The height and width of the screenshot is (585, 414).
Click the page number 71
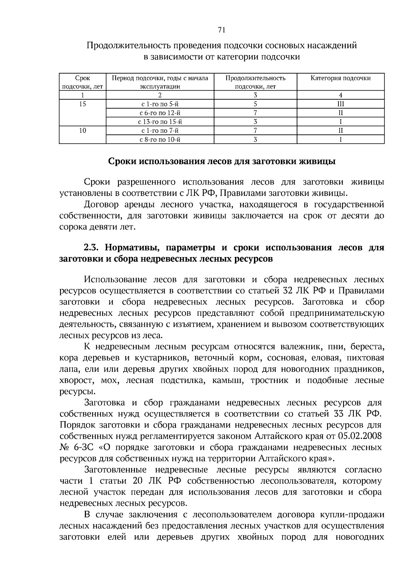pyautogui.click(x=221, y=30)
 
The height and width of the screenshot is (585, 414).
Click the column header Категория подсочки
pyautogui.click(x=341, y=78)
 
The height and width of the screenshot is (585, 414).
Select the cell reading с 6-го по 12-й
pyautogui.click(x=160, y=113)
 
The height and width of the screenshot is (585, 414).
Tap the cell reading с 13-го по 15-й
pyautogui.click(x=160, y=122)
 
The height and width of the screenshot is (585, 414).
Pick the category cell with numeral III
pyautogui.click(x=341, y=104)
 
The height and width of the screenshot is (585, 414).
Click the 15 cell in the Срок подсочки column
pyautogui.click(x=82, y=104)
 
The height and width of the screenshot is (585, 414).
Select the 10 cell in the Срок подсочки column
pyautogui.click(x=82, y=131)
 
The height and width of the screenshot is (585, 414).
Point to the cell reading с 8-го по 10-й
pyautogui.click(x=160, y=140)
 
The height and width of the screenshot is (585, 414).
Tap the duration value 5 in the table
pyautogui.click(x=255, y=104)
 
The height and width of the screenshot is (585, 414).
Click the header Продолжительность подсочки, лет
pyautogui.click(x=255, y=82)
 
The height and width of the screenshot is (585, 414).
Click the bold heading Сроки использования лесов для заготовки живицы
pyautogui.click(x=222, y=161)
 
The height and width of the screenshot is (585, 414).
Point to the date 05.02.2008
pyautogui.click(x=360, y=436)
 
